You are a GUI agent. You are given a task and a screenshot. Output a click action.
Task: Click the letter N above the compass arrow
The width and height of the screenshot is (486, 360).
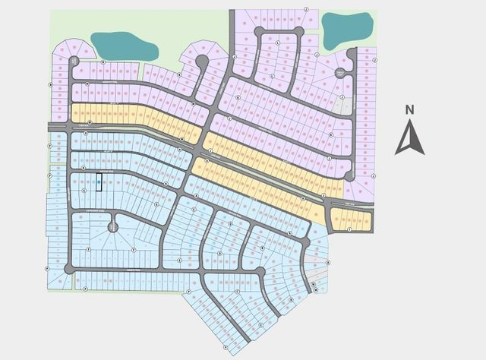coord(409,109)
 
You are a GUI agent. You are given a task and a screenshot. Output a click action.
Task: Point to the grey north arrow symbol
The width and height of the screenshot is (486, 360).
coord(409,139)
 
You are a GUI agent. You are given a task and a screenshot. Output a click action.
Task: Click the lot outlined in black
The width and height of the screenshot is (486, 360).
coord(99,182)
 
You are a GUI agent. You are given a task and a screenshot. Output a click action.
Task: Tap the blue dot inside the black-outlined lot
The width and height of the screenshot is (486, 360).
coord(99,182)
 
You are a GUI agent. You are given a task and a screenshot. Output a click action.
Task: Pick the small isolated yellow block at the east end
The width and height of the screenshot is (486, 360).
coord(351,220)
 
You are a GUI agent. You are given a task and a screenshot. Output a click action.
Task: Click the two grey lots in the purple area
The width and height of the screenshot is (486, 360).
coord(346,106)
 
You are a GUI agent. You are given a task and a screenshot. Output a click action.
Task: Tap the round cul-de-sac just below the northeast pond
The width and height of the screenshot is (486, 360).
coord(341,73)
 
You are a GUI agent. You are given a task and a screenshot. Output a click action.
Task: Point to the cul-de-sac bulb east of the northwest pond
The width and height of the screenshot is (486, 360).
coord(202,61)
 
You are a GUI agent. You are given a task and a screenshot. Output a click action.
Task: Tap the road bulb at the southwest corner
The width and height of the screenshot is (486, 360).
coord(69,268)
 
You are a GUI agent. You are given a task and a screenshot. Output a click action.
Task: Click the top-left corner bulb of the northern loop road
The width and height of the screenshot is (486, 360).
coord(259,31)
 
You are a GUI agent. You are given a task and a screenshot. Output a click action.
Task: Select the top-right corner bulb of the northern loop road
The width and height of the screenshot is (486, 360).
coord(301,31)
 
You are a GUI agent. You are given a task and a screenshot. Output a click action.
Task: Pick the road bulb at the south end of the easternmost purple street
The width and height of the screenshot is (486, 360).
coord(349,175)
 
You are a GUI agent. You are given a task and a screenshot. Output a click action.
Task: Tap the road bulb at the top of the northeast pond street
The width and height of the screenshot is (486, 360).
coord(352,52)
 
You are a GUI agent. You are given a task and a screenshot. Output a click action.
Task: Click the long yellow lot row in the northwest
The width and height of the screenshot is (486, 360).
coord(137,114)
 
